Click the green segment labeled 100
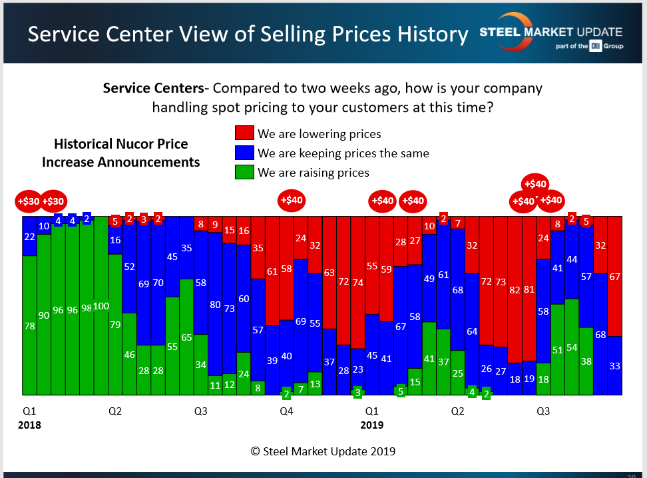tap(101, 305)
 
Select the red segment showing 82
tap(515, 291)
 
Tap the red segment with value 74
tap(357, 282)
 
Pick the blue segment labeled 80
tap(214, 305)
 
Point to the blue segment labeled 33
tap(614, 365)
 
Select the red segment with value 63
tap(329, 273)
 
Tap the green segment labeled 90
tap(44, 315)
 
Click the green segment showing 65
tap(186, 337)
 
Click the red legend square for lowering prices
tap(244, 133)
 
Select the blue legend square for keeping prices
tap(244, 153)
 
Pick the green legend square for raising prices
tap(244, 172)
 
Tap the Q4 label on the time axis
tap(286, 411)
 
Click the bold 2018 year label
tap(29, 425)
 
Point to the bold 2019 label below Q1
tap(372, 425)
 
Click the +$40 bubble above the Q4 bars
tap(292, 199)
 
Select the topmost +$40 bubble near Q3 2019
tap(536, 184)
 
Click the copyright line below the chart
tap(323, 451)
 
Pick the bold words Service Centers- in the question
tap(156, 89)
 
